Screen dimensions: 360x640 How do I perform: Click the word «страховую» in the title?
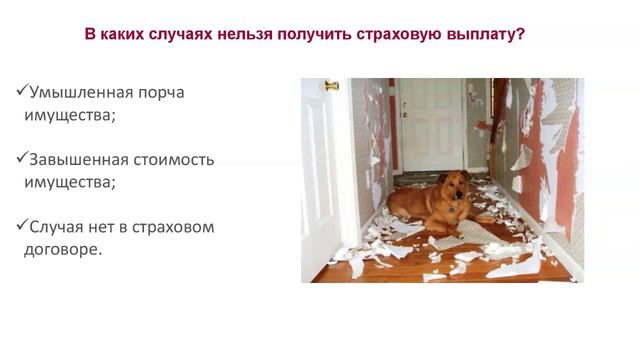click(401, 34)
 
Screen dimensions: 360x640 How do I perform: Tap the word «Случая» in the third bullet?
click(63, 226)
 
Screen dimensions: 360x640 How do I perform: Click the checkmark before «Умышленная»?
click(23, 91)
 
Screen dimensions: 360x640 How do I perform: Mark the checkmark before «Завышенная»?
click(23, 158)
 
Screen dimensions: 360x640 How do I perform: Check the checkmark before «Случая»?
click(23, 225)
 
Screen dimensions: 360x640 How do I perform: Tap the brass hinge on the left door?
click(332, 86)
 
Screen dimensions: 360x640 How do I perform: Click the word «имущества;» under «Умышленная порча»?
click(69, 115)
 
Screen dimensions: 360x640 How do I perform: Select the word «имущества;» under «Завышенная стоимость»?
click(69, 182)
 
